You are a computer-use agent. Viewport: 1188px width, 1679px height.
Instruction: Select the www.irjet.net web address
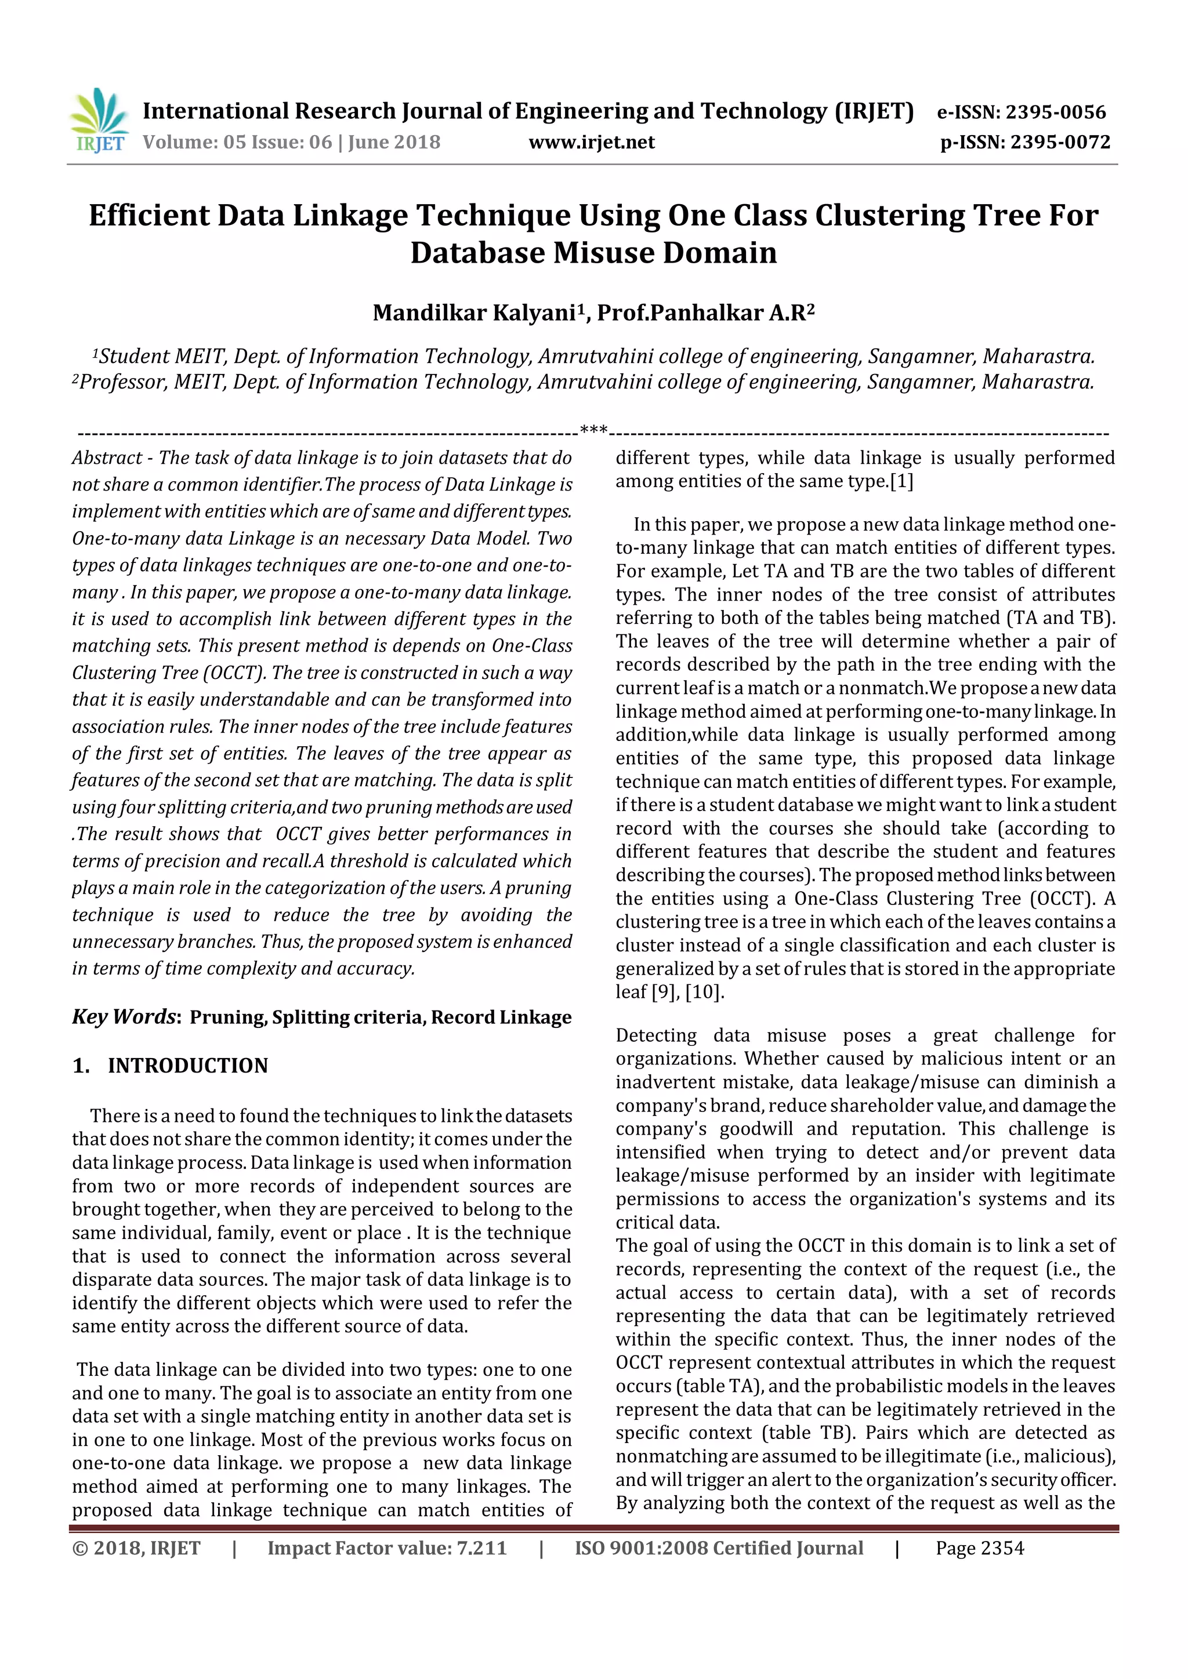tap(591, 142)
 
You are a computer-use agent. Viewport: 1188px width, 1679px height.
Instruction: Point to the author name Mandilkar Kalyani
tap(473, 313)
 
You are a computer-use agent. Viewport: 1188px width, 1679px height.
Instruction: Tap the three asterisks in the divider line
tap(593, 429)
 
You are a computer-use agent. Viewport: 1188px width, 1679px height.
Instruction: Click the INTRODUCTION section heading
tap(187, 1066)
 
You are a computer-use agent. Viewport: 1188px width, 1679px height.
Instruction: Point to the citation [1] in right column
tap(901, 481)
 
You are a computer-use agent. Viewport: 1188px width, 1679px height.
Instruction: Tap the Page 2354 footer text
tap(980, 1548)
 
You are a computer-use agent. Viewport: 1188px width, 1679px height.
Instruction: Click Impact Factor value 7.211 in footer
tap(386, 1548)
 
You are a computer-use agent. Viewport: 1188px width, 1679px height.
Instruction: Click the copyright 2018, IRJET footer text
tap(136, 1548)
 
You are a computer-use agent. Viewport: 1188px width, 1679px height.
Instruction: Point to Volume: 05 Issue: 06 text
tap(291, 142)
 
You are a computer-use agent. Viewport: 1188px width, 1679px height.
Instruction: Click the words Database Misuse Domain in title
tap(593, 252)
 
